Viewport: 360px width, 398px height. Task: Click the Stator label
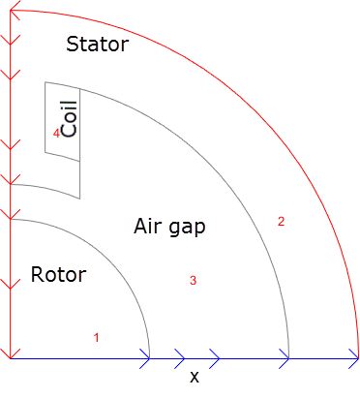(97, 44)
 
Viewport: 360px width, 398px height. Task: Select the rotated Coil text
(69, 120)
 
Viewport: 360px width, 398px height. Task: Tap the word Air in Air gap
(146, 227)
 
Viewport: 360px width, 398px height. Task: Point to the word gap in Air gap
(188, 229)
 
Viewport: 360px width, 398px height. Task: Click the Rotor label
(58, 275)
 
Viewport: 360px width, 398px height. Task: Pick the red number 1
(96, 338)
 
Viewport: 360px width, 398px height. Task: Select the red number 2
(282, 221)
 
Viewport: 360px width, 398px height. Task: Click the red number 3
(194, 281)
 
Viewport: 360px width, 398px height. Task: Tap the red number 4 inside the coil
(56, 135)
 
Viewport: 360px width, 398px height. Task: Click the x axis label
(194, 377)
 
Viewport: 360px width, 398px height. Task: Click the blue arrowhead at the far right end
(354, 358)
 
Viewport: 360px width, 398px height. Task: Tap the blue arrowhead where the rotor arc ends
(145, 358)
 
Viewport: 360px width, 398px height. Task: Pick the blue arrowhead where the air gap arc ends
(285, 358)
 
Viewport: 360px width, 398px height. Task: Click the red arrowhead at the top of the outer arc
(14, 11)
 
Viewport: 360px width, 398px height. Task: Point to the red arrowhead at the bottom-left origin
(9, 352)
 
